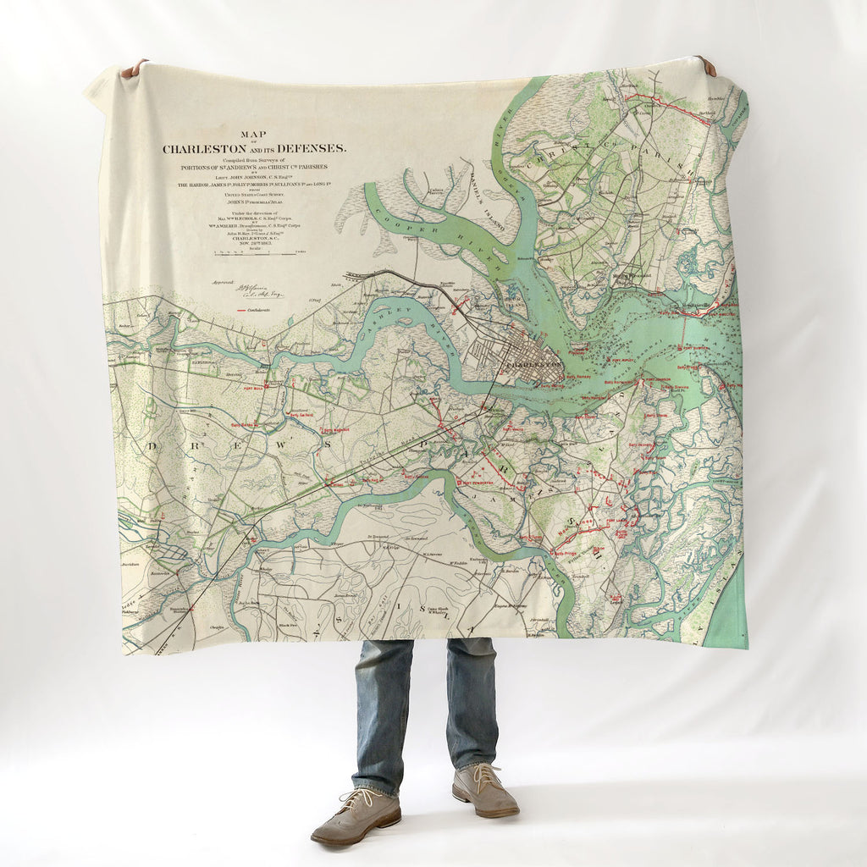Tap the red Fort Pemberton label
[x=474, y=483]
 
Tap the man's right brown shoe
[x=356, y=818]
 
